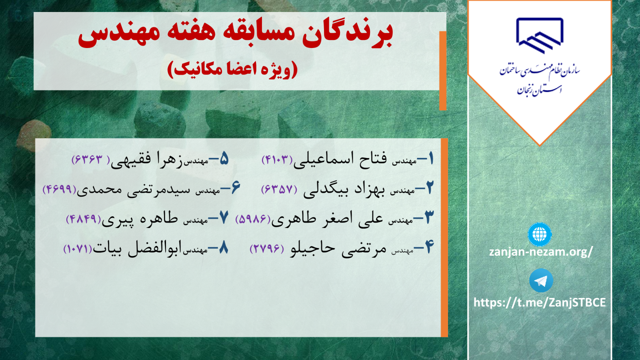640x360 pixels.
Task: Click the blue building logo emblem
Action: coord(540,36)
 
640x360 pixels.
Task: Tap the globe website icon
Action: coord(540,234)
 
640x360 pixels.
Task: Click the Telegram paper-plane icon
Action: coord(541,280)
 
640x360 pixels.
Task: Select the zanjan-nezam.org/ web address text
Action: coord(541,252)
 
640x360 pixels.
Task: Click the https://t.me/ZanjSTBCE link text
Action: coord(540,302)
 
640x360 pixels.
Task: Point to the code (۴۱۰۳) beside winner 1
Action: coord(278,160)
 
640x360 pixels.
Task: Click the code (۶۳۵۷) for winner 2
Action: coord(279,189)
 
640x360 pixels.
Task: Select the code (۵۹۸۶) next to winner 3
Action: coord(252,219)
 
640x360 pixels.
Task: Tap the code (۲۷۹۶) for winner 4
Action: coord(267,248)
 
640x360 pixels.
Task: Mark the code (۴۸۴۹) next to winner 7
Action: coord(84,219)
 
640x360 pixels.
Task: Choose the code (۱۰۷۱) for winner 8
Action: coord(78,248)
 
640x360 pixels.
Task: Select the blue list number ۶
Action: coord(236,188)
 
